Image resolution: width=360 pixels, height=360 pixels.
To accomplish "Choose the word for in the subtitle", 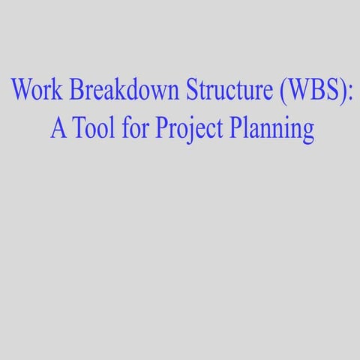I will (x=136, y=128).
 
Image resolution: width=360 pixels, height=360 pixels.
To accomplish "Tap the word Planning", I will (x=265, y=130).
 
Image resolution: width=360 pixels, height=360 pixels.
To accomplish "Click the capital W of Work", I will (x=20, y=91).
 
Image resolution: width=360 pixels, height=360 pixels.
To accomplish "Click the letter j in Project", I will (x=185, y=130).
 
